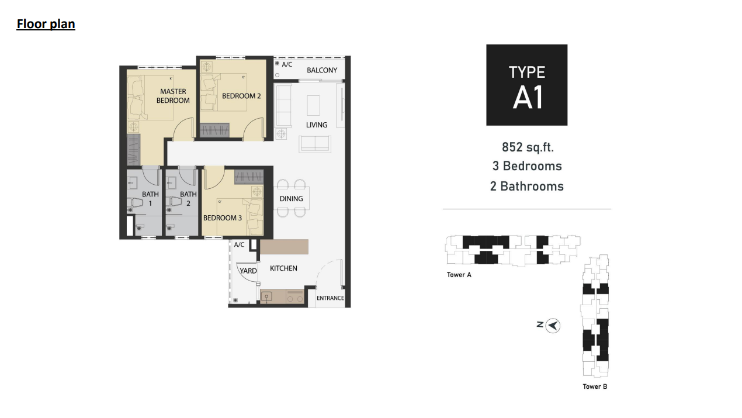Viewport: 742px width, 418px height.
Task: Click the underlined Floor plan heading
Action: pos(46,24)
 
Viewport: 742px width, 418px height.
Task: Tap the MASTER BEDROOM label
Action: pos(173,96)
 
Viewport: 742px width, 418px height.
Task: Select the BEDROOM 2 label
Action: pos(241,96)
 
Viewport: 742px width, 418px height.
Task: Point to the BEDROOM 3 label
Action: pos(223,218)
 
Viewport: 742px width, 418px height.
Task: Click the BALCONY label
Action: pos(322,70)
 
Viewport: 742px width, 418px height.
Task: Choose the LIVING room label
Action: pos(317,125)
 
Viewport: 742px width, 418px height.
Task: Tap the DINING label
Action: pos(291,199)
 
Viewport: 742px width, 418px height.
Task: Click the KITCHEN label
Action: pos(283,268)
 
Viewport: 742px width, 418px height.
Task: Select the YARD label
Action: pos(248,271)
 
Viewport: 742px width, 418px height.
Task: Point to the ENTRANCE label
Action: pos(330,298)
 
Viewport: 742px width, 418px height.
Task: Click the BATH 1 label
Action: pos(150,199)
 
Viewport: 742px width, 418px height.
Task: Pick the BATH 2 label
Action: pos(188,199)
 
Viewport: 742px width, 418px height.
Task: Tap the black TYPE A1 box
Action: pos(526,85)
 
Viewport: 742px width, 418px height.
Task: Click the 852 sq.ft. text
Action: pos(528,147)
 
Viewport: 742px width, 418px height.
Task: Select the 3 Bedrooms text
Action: pos(527,166)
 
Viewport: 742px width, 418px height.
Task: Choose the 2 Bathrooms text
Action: pos(527,186)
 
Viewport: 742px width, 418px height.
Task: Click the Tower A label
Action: pos(459,275)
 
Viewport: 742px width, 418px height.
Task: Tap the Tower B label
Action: pos(595,386)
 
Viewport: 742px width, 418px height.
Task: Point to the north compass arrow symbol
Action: pos(553,326)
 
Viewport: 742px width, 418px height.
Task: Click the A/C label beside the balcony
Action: pos(287,64)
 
